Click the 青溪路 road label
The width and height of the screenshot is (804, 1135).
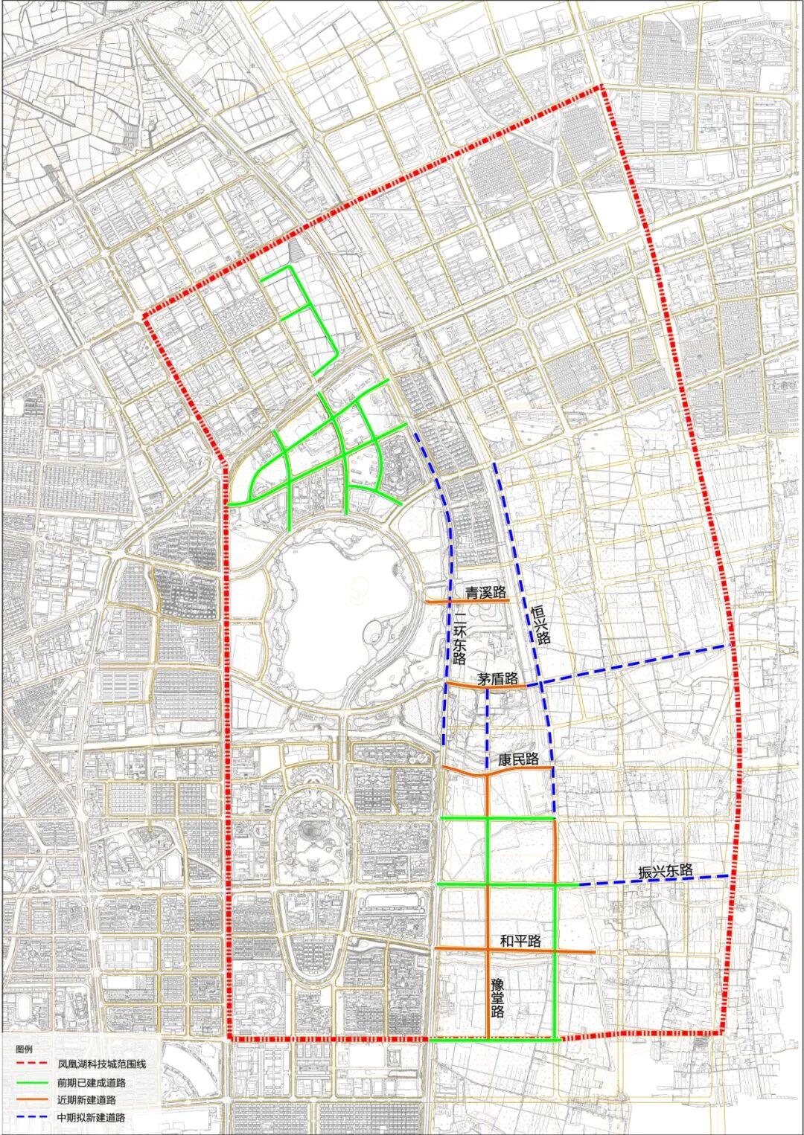tap(485, 593)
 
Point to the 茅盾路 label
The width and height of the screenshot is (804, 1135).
tap(498, 678)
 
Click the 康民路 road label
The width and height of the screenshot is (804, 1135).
tap(518, 759)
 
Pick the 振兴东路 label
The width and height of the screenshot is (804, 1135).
tap(666, 871)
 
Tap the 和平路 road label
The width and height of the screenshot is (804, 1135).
tap(520, 940)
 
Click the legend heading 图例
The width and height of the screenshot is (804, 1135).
tap(25, 1050)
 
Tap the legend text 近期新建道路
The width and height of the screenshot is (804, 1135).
tap(86, 1099)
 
